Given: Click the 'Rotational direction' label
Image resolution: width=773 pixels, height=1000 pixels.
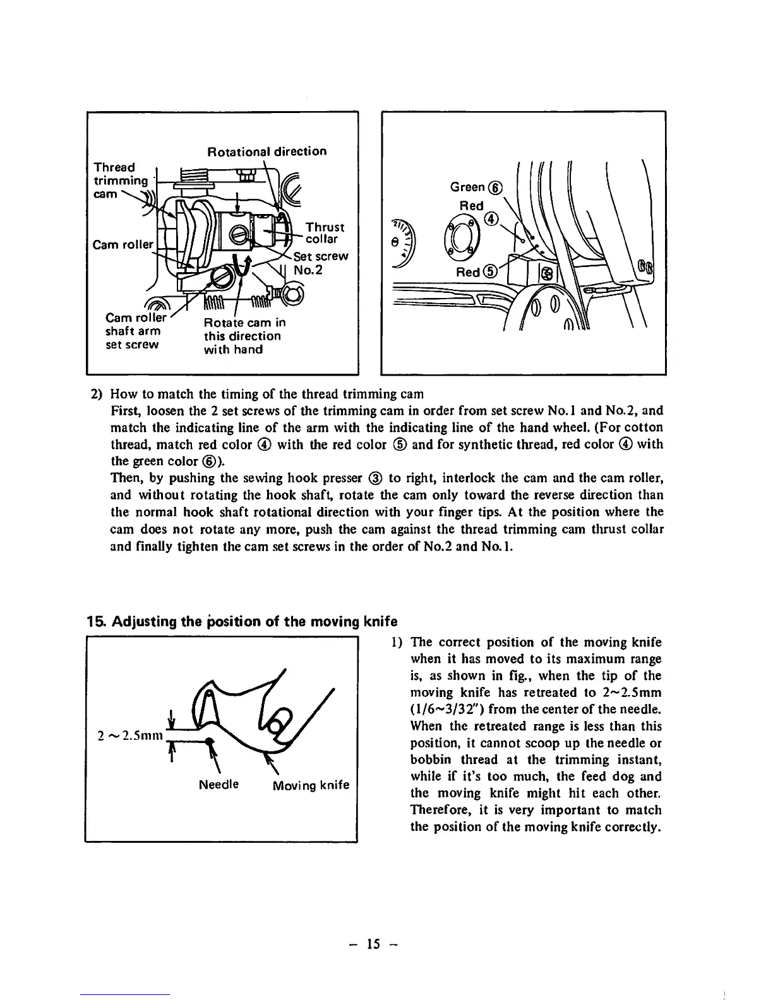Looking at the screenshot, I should [x=267, y=152].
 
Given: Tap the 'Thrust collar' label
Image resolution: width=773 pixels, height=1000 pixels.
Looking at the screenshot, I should [x=325, y=233].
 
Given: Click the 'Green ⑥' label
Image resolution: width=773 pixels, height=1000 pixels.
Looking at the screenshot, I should [x=476, y=187].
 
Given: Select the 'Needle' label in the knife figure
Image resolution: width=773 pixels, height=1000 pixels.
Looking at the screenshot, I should [x=219, y=785].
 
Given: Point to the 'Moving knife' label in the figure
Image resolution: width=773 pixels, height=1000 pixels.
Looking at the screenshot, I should [x=311, y=785].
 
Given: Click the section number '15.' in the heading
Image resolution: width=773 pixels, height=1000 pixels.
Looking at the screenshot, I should [x=96, y=621].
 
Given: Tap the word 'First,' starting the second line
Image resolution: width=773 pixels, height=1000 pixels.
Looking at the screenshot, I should [x=126, y=411].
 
